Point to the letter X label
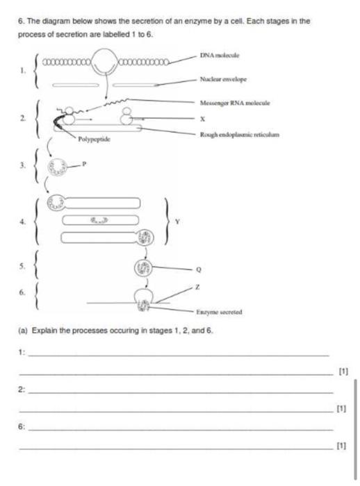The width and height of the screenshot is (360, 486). point(202,119)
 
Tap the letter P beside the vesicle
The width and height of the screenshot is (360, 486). point(84,164)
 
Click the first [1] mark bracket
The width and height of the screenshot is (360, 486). point(343,371)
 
